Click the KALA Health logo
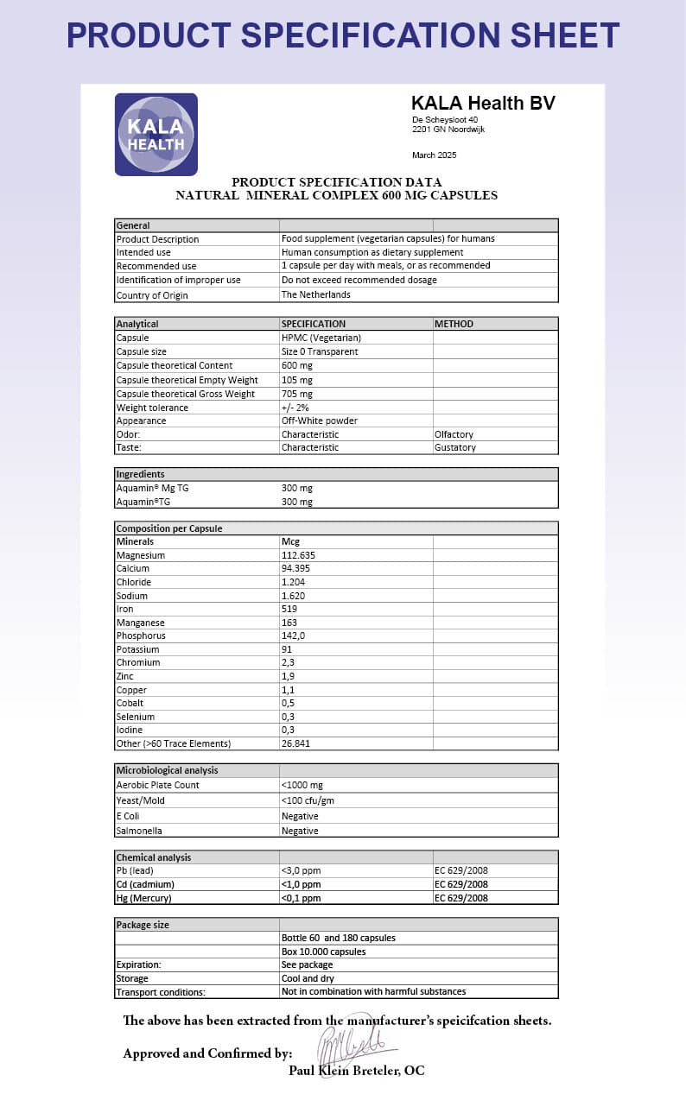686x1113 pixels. (156, 135)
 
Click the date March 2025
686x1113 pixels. (434, 155)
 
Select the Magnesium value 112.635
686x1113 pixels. (299, 555)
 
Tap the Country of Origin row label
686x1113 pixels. (152, 295)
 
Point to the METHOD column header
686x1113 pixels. (454, 324)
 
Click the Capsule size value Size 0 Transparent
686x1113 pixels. (320, 351)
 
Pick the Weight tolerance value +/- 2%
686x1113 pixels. (295, 407)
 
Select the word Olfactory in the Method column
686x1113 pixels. (454, 434)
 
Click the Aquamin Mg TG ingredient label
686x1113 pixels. (152, 488)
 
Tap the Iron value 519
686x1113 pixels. (289, 609)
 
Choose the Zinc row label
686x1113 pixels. (126, 676)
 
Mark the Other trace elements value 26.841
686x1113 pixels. (295, 743)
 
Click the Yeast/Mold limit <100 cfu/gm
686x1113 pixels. (309, 800)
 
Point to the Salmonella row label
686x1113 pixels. (139, 831)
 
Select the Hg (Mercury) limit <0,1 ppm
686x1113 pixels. (301, 898)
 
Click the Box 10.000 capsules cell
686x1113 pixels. (323, 952)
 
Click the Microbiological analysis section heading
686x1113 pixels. (167, 770)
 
